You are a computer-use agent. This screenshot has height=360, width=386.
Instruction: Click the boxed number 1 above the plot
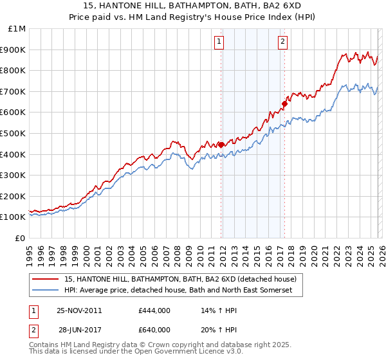coord(219,42)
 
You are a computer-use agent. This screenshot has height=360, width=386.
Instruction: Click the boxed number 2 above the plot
coord(282,42)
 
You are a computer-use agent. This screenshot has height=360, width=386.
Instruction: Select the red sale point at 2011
coord(221,145)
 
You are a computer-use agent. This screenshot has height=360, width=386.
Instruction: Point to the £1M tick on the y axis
coord(18,29)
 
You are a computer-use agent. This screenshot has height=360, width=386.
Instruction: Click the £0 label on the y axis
coord(21,238)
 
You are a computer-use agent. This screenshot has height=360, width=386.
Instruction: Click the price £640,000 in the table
coord(154,330)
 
